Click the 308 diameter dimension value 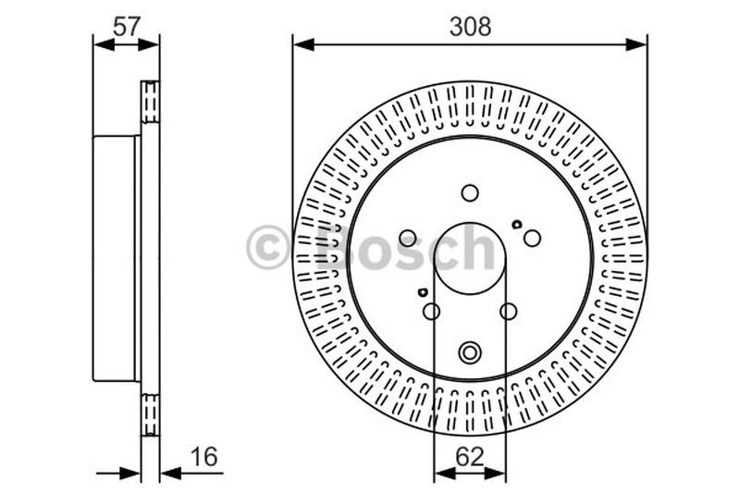pyautogui.click(x=470, y=27)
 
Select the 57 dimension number pyautogui.click(x=126, y=27)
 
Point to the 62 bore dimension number pyautogui.click(x=470, y=456)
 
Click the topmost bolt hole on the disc pyautogui.click(x=470, y=192)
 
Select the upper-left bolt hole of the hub pyautogui.click(x=408, y=238)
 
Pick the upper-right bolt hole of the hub pyautogui.click(x=532, y=238)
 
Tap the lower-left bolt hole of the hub pyautogui.click(x=431, y=311)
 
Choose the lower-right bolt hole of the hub pyautogui.click(x=508, y=311)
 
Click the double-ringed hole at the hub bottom pyautogui.click(x=470, y=351)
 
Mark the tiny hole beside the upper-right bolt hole pyautogui.click(x=516, y=224)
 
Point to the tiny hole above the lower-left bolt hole pyautogui.click(x=424, y=293)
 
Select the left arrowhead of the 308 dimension pyautogui.click(x=302, y=43)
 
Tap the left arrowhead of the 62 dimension pyautogui.click(x=442, y=474)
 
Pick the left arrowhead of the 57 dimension pyautogui.click(x=102, y=43)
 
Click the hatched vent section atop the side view pyautogui.click(x=150, y=102)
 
